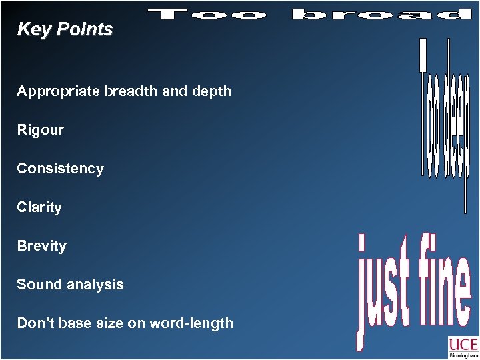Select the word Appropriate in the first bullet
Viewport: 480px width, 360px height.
(59, 91)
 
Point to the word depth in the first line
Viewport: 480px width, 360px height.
(212, 91)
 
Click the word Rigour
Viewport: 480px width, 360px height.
(41, 130)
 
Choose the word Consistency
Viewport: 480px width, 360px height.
(61, 169)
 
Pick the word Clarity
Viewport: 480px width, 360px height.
(39, 207)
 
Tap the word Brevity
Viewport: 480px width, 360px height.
(42, 246)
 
